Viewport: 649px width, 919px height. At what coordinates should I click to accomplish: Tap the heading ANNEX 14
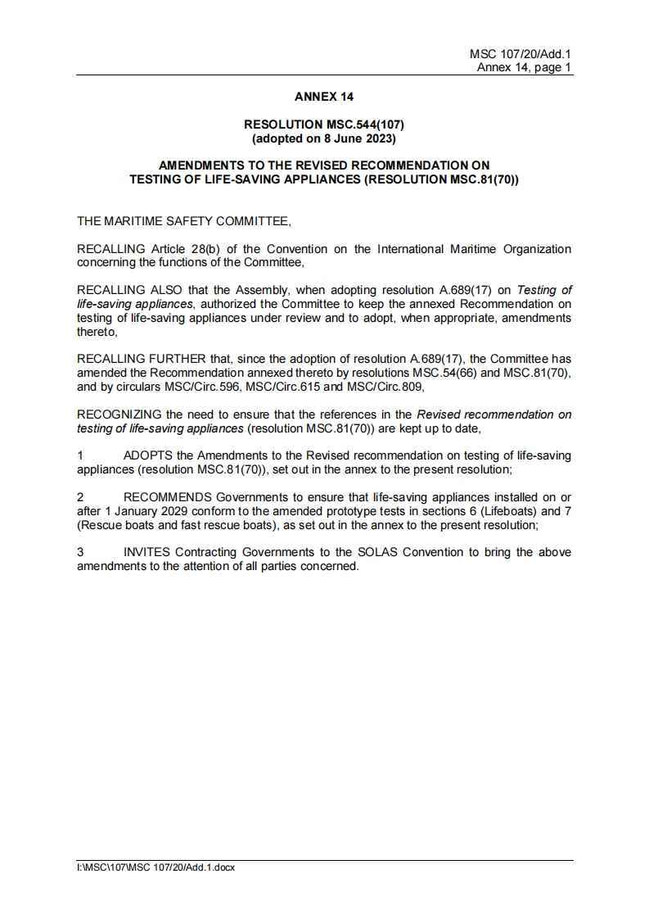coord(324,97)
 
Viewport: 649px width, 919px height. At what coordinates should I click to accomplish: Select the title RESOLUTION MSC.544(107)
coord(324,124)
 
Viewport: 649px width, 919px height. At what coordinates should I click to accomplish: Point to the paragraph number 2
coord(80,496)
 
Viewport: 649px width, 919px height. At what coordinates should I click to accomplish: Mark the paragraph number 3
coord(80,552)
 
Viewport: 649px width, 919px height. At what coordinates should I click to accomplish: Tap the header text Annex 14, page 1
coord(524,68)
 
